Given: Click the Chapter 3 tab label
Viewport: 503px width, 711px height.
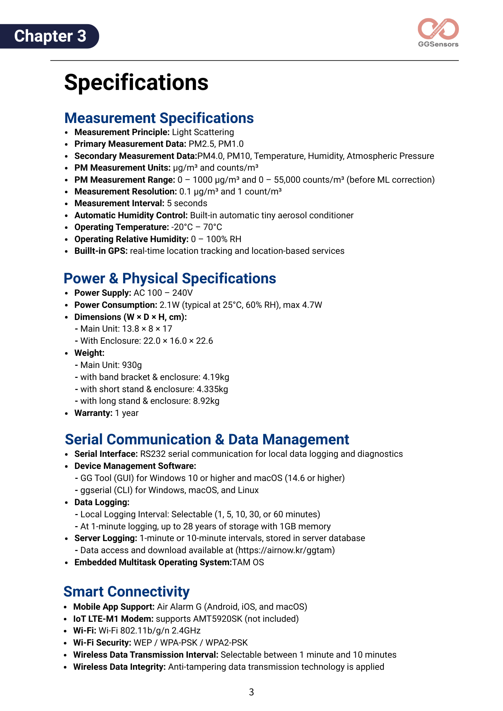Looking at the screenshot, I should click(x=50, y=36).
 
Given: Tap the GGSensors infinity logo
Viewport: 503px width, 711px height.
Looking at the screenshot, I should click(x=438, y=30).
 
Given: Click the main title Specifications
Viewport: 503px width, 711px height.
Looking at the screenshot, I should click(x=136, y=82).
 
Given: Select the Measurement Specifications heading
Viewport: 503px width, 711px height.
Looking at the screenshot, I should click(x=159, y=118).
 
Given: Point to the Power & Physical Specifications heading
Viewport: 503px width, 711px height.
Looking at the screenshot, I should click(x=170, y=279).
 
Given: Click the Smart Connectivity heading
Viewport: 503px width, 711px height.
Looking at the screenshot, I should click(x=126, y=592).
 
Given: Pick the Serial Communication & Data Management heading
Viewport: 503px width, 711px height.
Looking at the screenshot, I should click(x=207, y=439).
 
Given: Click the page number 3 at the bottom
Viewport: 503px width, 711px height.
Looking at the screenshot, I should click(x=251, y=692).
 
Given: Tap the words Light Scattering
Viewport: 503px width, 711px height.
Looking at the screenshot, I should click(x=203, y=132).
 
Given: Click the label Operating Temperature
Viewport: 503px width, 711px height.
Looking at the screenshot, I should click(x=121, y=227).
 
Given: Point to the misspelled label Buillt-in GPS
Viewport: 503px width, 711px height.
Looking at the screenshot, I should click(x=101, y=251).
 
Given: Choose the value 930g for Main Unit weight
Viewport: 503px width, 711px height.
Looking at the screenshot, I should click(x=132, y=365).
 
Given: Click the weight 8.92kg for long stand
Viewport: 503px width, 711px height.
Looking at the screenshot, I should click(x=206, y=401).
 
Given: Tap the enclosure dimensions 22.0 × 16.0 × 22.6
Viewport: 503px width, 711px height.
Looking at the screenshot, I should click(x=178, y=341).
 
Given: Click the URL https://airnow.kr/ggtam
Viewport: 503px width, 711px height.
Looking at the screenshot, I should click(x=285, y=550).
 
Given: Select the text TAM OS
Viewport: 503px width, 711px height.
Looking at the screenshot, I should click(x=248, y=562).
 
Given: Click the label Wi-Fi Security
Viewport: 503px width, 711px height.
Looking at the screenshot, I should click(x=102, y=643).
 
